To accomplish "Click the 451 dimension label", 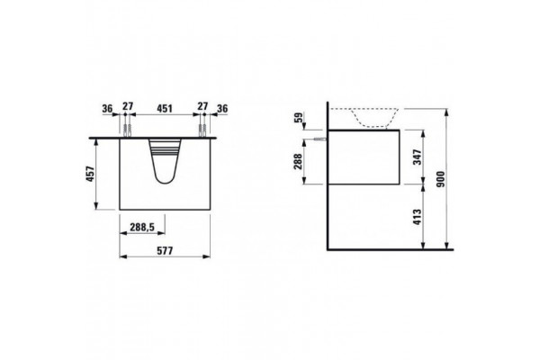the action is pyautogui.click(x=165, y=109).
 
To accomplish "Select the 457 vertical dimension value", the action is pyautogui.click(x=90, y=174).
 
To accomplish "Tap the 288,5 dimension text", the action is pyautogui.click(x=142, y=228).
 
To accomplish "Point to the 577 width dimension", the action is pyautogui.click(x=165, y=250).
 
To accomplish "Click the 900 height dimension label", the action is pyautogui.click(x=440, y=179).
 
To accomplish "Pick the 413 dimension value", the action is pyautogui.click(x=417, y=217).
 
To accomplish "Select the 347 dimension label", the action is pyautogui.click(x=417, y=157).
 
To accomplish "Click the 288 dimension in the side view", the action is pyautogui.click(x=298, y=161).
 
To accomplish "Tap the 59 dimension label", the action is pyautogui.click(x=298, y=118).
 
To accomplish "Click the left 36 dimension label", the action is pyautogui.click(x=107, y=109).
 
